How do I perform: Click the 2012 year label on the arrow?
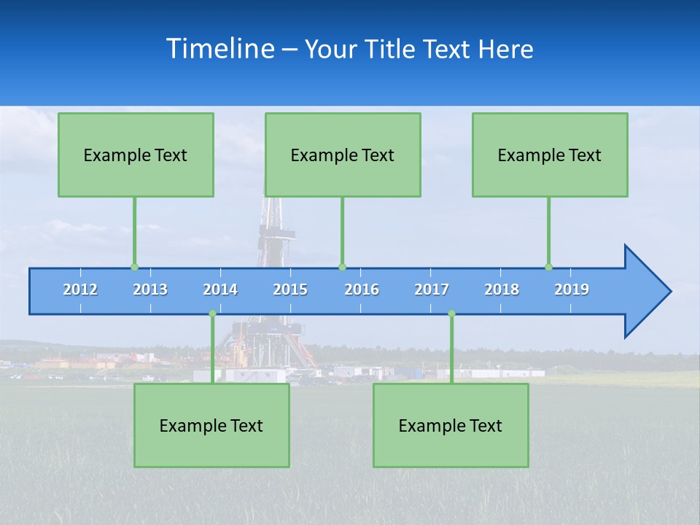pos(80,289)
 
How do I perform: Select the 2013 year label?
pos(150,289)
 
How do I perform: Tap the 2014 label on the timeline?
pos(220,289)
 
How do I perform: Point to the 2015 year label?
pos(290,289)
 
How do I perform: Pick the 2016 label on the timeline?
pos(362,289)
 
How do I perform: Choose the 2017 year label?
pos(432,289)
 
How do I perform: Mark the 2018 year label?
pos(502,289)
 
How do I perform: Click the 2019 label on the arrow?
pos(572,289)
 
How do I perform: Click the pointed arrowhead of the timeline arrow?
pos(649,292)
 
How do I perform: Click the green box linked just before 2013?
pos(136,155)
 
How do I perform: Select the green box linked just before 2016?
pos(343,155)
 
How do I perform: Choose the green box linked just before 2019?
pos(550,155)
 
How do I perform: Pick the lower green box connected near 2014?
pos(211,425)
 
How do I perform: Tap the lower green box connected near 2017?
pos(451,425)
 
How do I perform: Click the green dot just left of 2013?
pos(134,267)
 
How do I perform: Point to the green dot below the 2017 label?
pos(451,314)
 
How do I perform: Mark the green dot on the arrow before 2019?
pos(548,267)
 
